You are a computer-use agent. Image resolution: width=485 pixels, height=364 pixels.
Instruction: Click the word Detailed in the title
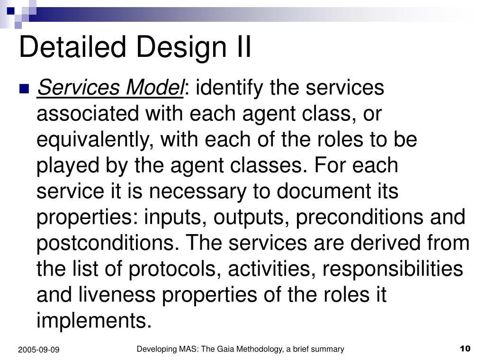pos(72,46)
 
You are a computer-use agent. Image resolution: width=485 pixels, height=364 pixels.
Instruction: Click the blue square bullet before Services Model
pos(24,89)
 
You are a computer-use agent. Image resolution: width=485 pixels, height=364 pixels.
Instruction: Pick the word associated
pos(88,113)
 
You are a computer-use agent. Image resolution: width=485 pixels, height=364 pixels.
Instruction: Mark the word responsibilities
pos(393,269)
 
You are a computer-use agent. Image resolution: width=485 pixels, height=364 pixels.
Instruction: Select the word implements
pos(94,321)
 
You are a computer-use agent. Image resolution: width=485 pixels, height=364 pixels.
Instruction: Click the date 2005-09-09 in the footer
pos(39,350)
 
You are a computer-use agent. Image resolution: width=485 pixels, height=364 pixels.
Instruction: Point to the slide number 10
pos(465,349)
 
